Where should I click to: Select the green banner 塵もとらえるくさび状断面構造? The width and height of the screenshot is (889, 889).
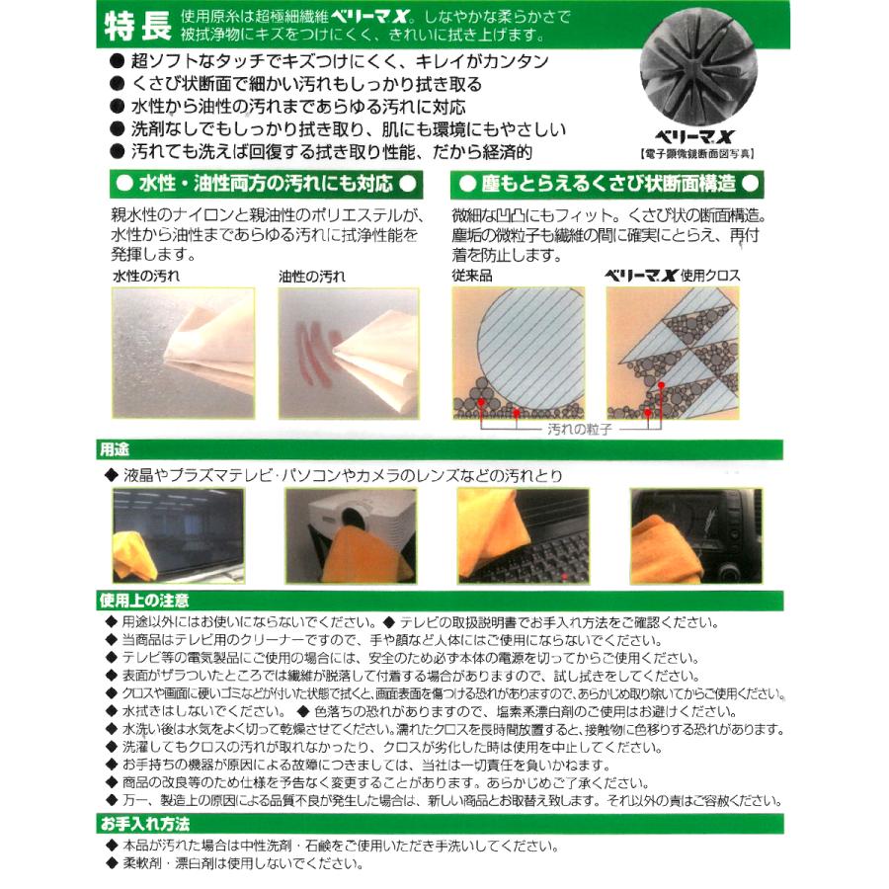coord(606,184)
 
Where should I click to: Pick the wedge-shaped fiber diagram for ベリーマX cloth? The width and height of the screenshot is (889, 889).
coord(672,353)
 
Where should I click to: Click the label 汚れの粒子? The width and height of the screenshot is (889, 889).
coord(581,431)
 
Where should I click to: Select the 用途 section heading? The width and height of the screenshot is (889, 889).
coord(115,450)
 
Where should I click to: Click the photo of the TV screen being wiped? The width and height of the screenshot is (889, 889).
coord(177,533)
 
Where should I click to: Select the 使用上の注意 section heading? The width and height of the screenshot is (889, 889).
coord(144,601)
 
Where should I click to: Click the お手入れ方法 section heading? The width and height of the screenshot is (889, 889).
coord(144,824)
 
